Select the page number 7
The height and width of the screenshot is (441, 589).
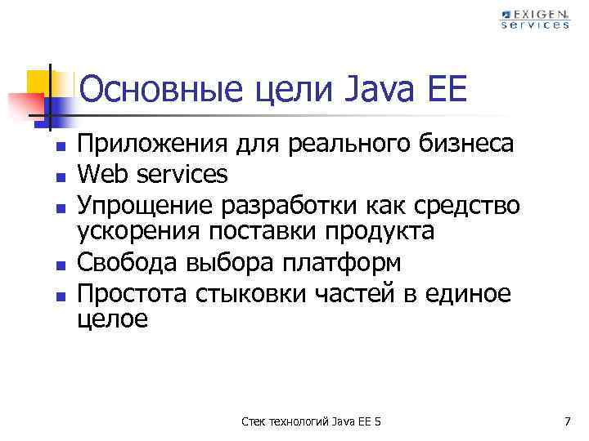(x=566, y=421)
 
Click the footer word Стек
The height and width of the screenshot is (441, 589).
(x=254, y=421)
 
